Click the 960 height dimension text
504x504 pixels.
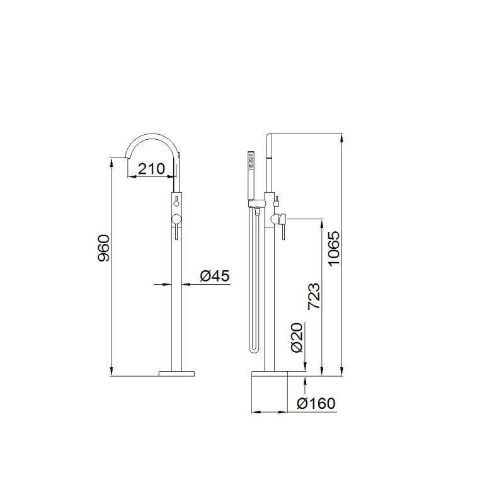point(104,248)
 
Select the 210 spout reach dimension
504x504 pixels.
point(151,169)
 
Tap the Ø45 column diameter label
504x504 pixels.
point(215,276)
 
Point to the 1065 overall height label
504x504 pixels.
point(334,248)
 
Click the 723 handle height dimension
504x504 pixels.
point(314,296)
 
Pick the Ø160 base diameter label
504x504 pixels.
point(316,403)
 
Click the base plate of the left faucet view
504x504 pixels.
point(177,373)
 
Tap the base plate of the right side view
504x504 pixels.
point(269,373)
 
